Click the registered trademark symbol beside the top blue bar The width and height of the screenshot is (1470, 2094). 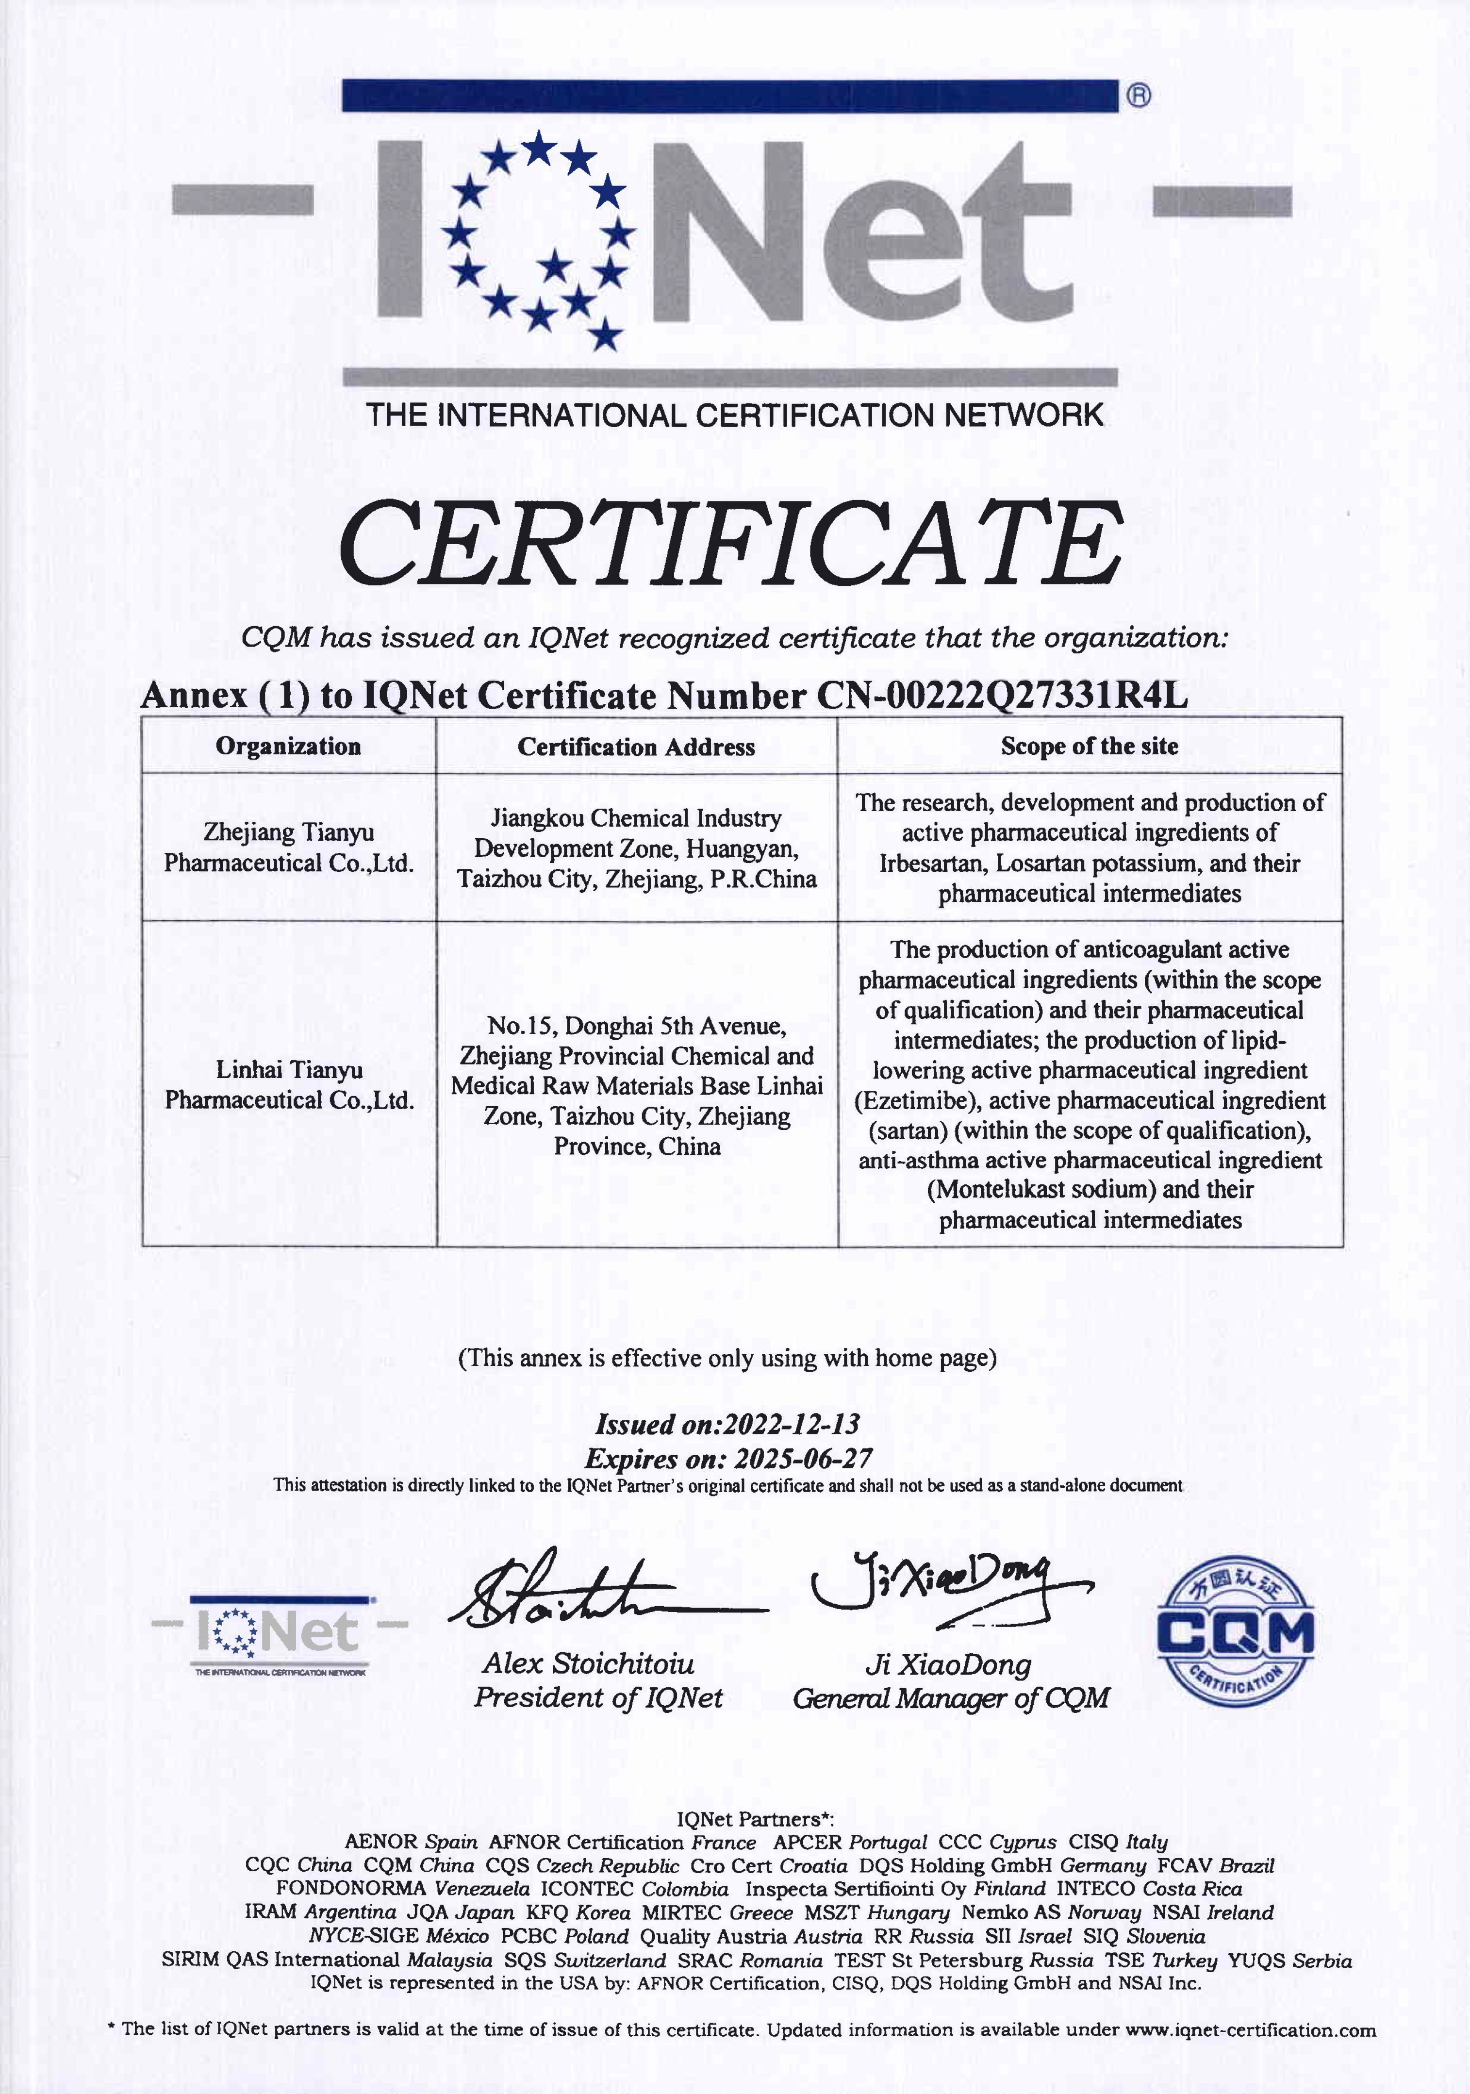pos(1139,95)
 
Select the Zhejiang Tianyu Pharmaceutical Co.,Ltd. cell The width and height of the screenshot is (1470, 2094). pos(288,848)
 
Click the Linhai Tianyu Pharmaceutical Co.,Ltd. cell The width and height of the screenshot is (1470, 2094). pos(288,1084)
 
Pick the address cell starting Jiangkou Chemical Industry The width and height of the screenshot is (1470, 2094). pos(637,848)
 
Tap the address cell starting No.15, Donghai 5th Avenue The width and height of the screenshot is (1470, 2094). pos(637,1085)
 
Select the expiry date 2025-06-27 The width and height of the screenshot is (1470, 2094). pos(803,1458)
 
